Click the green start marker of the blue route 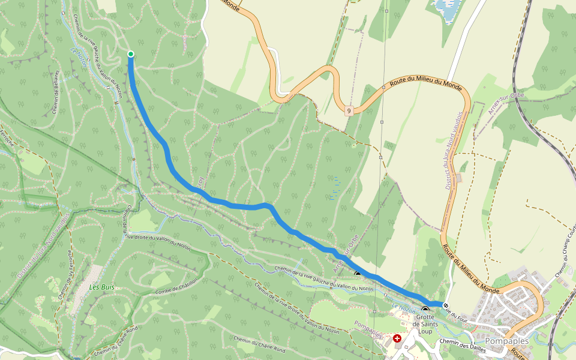[x=131, y=55]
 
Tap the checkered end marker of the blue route [x=445, y=306]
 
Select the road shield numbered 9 [x=349, y=110]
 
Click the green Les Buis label [x=101, y=287]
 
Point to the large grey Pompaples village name [x=507, y=341]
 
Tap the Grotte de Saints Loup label [x=425, y=324]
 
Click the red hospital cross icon [x=397, y=339]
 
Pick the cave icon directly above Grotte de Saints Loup [x=425, y=310]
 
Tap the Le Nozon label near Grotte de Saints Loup [x=403, y=308]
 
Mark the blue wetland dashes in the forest [x=334, y=188]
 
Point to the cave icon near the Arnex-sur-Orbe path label [x=358, y=275]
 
